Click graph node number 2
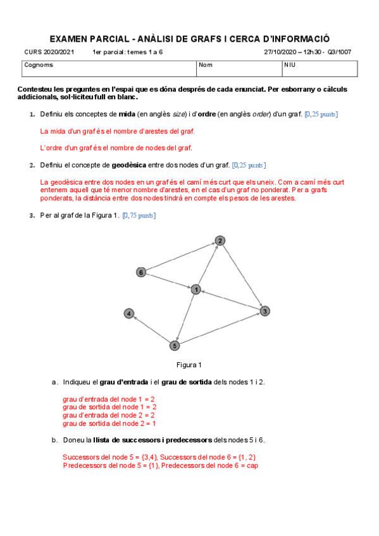tap(220, 241)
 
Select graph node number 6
tap(141, 272)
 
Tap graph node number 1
tap(196, 289)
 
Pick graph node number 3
tap(265, 310)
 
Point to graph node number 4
tap(129, 314)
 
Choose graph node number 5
tap(175, 346)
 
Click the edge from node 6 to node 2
tap(180, 257)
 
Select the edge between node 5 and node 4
tap(152, 329)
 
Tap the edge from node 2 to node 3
tap(242, 276)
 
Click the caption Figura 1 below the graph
tap(189, 365)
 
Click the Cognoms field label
tap(39, 64)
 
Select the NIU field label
tap(290, 64)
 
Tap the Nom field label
tap(206, 64)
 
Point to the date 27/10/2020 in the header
tap(280, 52)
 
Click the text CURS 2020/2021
tap(49, 52)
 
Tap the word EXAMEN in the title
tap(67, 39)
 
